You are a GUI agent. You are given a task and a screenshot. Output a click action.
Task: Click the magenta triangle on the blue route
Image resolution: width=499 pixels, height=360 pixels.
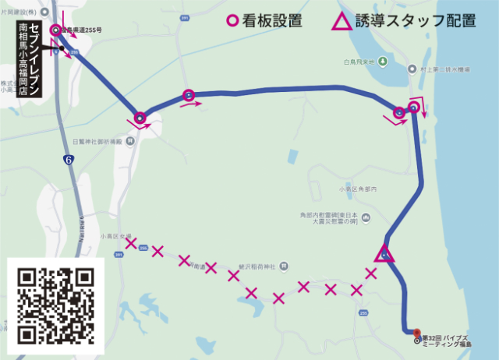click(383, 254)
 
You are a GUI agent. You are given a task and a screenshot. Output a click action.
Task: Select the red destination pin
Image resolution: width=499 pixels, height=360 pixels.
click(416, 332)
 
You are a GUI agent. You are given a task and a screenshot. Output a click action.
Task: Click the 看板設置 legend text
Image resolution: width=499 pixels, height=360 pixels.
click(273, 20)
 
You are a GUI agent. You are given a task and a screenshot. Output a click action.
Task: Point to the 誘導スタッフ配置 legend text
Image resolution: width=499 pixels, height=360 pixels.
click(416, 20)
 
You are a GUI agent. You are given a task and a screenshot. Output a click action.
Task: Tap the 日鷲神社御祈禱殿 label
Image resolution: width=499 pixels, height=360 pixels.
click(97, 142)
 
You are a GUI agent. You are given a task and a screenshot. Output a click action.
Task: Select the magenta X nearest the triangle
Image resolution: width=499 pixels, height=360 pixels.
click(371, 273)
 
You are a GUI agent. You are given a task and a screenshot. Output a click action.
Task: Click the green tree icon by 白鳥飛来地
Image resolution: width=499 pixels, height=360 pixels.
click(384, 61)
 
